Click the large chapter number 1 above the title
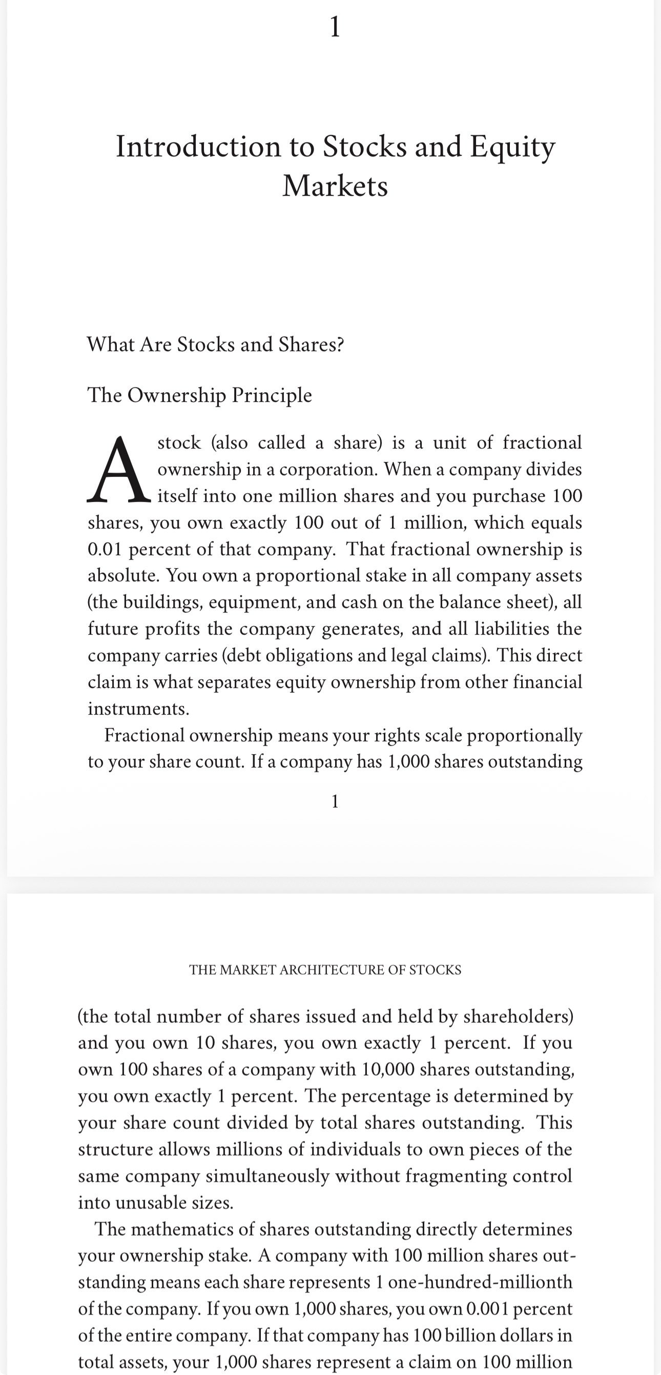(335, 27)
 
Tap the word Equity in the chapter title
(512, 146)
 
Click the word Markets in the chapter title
(335, 186)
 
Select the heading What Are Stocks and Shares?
(216, 345)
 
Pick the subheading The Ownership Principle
(199, 395)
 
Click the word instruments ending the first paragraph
(138, 709)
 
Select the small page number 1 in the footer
(335, 801)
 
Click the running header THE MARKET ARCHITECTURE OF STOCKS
(325, 970)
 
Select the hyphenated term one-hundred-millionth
(480, 1282)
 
